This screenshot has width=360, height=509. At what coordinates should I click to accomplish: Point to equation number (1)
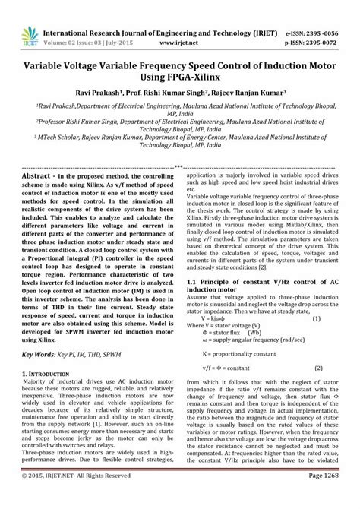coord(317,297)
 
